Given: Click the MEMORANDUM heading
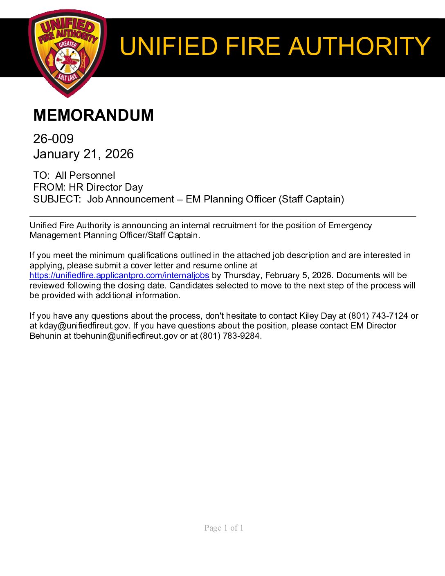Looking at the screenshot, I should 93,115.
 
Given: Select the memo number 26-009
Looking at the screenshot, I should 53,139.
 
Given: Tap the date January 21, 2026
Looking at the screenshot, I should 83,154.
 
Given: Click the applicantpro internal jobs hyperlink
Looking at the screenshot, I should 119,275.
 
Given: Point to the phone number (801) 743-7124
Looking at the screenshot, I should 378,316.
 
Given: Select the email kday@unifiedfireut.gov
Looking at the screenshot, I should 84,326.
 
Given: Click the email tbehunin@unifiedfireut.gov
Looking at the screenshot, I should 126,336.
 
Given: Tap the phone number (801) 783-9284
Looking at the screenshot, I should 230,336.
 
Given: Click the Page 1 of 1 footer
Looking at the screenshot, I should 224,528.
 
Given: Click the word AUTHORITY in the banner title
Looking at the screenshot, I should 360,46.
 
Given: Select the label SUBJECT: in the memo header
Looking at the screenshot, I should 57,199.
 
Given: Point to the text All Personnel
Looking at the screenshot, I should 85,175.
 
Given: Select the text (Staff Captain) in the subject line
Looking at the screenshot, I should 311,199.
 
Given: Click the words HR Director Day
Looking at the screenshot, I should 106,187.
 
